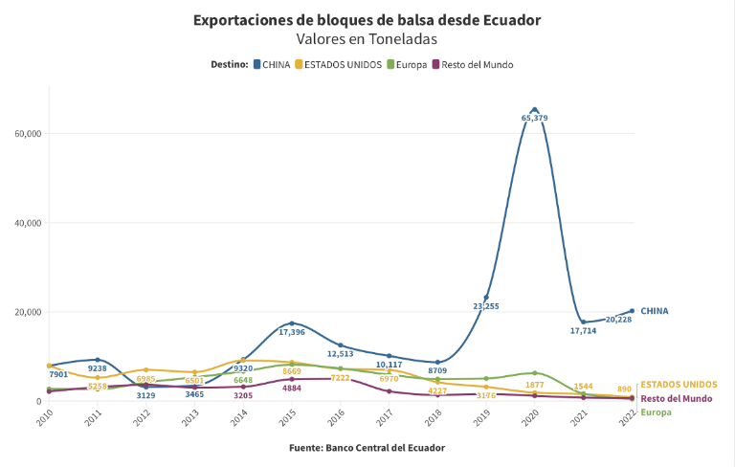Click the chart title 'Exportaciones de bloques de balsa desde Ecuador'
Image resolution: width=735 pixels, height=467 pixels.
pyautogui.click(x=367, y=19)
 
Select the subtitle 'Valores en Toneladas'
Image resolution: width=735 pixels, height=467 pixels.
pyautogui.click(x=367, y=39)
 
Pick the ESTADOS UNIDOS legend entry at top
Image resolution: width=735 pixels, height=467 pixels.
pyautogui.click(x=339, y=64)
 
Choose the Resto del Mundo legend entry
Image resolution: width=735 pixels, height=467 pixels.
pyautogui.click(x=473, y=64)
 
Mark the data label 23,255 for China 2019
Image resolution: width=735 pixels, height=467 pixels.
pyautogui.click(x=485, y=306)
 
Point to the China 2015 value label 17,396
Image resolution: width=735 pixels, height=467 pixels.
pyautogui.click(x=292, y=332)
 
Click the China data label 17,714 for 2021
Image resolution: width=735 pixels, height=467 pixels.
pyautogui.click(x=583, y=331)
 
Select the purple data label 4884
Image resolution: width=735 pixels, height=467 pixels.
pyautogui.click(x=292, y=389)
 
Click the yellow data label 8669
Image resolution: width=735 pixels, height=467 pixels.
pyautogui.click(x=292, y=370)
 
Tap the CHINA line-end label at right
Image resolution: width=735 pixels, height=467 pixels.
pyautogui.click(x=655, y=311)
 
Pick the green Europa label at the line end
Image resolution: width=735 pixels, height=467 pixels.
pyautogui.click(x=656, y=412)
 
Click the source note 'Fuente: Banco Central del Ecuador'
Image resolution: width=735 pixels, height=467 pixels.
pyautogui.click(x=367, y=447)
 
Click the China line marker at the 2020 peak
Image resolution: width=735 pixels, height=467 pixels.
pyautogui.click(x=534, y=109)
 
